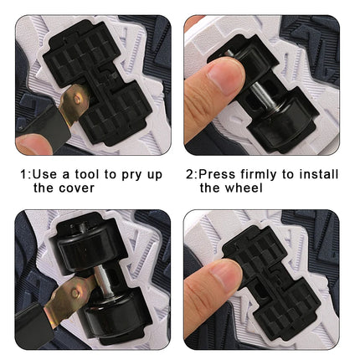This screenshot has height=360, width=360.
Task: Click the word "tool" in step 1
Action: tap(87, 174)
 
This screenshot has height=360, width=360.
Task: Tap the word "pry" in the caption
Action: tap(131, 176)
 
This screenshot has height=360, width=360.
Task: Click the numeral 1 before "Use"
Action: tap(24, 175)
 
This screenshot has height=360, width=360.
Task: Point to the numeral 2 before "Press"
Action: tap(189, 174)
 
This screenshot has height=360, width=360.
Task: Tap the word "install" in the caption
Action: tap(319, 174)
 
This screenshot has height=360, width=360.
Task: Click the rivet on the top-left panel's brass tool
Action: tap(77, 99)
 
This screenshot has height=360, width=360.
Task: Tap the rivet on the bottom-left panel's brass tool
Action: tap(75, 293)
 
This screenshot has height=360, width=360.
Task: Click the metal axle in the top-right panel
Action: tap(260, 95)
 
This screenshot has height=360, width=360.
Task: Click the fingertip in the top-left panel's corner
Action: tap(33, 144)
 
